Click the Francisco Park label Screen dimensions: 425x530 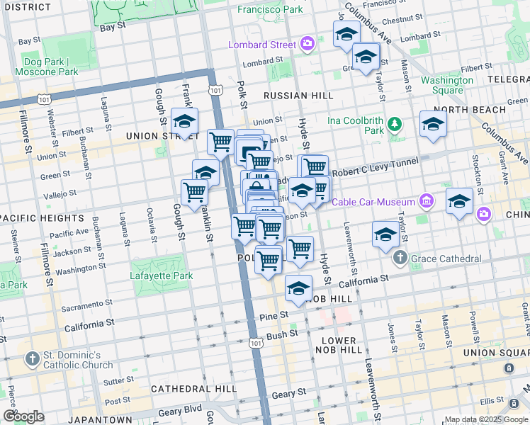point(269,10)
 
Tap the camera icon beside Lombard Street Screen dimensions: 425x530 point(307,45)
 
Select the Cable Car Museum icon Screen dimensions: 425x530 point(426,202)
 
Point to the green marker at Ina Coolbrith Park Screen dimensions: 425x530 point(395,126)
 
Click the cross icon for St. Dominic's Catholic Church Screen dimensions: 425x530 point(32,359)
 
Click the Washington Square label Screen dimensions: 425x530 point(447,85)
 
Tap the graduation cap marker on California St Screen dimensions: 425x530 point(299,288)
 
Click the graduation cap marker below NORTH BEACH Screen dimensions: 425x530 point(433,123)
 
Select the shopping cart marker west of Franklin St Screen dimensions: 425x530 point(193,191)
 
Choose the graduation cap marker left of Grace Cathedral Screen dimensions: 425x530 point(385,234)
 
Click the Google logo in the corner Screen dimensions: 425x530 point(23,416)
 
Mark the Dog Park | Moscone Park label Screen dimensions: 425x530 point(49,67)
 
